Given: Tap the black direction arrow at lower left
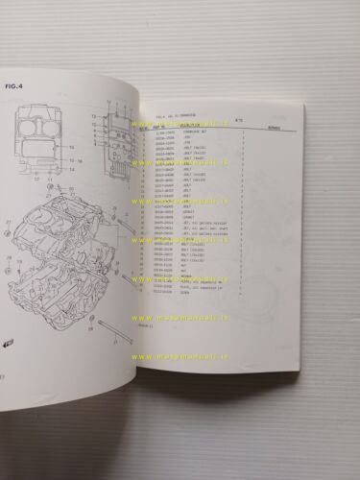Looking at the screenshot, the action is click(x=9, y=341).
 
